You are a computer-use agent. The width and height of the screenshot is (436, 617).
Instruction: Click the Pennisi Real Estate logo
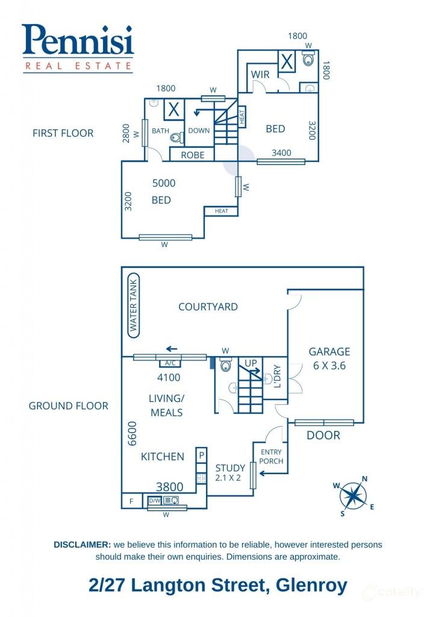pyautogui.click(x=78, y=48)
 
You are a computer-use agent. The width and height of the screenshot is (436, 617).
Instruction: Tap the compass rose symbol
pyautogui.click(x=353, y=495)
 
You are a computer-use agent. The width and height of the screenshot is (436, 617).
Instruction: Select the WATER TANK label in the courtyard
pyautogui.click(x=133, y=306)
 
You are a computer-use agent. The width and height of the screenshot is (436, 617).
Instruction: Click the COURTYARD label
pyautogui.click(x=208, y=307)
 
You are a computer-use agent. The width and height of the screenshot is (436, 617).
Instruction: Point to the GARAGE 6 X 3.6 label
pyautogui.click(x=329, y=358)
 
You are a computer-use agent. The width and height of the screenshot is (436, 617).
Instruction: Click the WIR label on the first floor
pyautogui.click(x=260, y=74)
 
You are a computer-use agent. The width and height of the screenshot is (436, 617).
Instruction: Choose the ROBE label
pyautogui.click(x=193, y=155)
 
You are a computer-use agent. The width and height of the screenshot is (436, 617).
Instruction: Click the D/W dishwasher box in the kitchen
pyautogui.click(x=155, y=500)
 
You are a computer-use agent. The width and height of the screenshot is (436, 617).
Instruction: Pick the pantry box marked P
pyautogui.click(x=202, y=455)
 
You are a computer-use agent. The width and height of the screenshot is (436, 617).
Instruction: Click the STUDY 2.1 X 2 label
pyautogui.click(x=230, y=472)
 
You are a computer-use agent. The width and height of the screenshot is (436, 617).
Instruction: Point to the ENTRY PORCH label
pyautogui.click(x=271, y=457)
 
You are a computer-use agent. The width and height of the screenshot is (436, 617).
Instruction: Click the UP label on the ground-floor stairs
pyautogui.click(x=251, y=363)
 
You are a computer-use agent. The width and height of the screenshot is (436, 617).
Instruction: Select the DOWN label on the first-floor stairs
pyautogui.click(x=199, y=130)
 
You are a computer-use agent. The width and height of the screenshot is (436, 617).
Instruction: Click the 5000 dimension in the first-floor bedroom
pyautogui.click(x=164, y=183)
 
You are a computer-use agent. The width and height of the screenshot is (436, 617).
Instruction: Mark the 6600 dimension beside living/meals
pyautogui.click(x=133, y=433)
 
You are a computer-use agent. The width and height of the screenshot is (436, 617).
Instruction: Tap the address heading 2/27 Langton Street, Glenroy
pyautogui.click(x=217, y=585)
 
